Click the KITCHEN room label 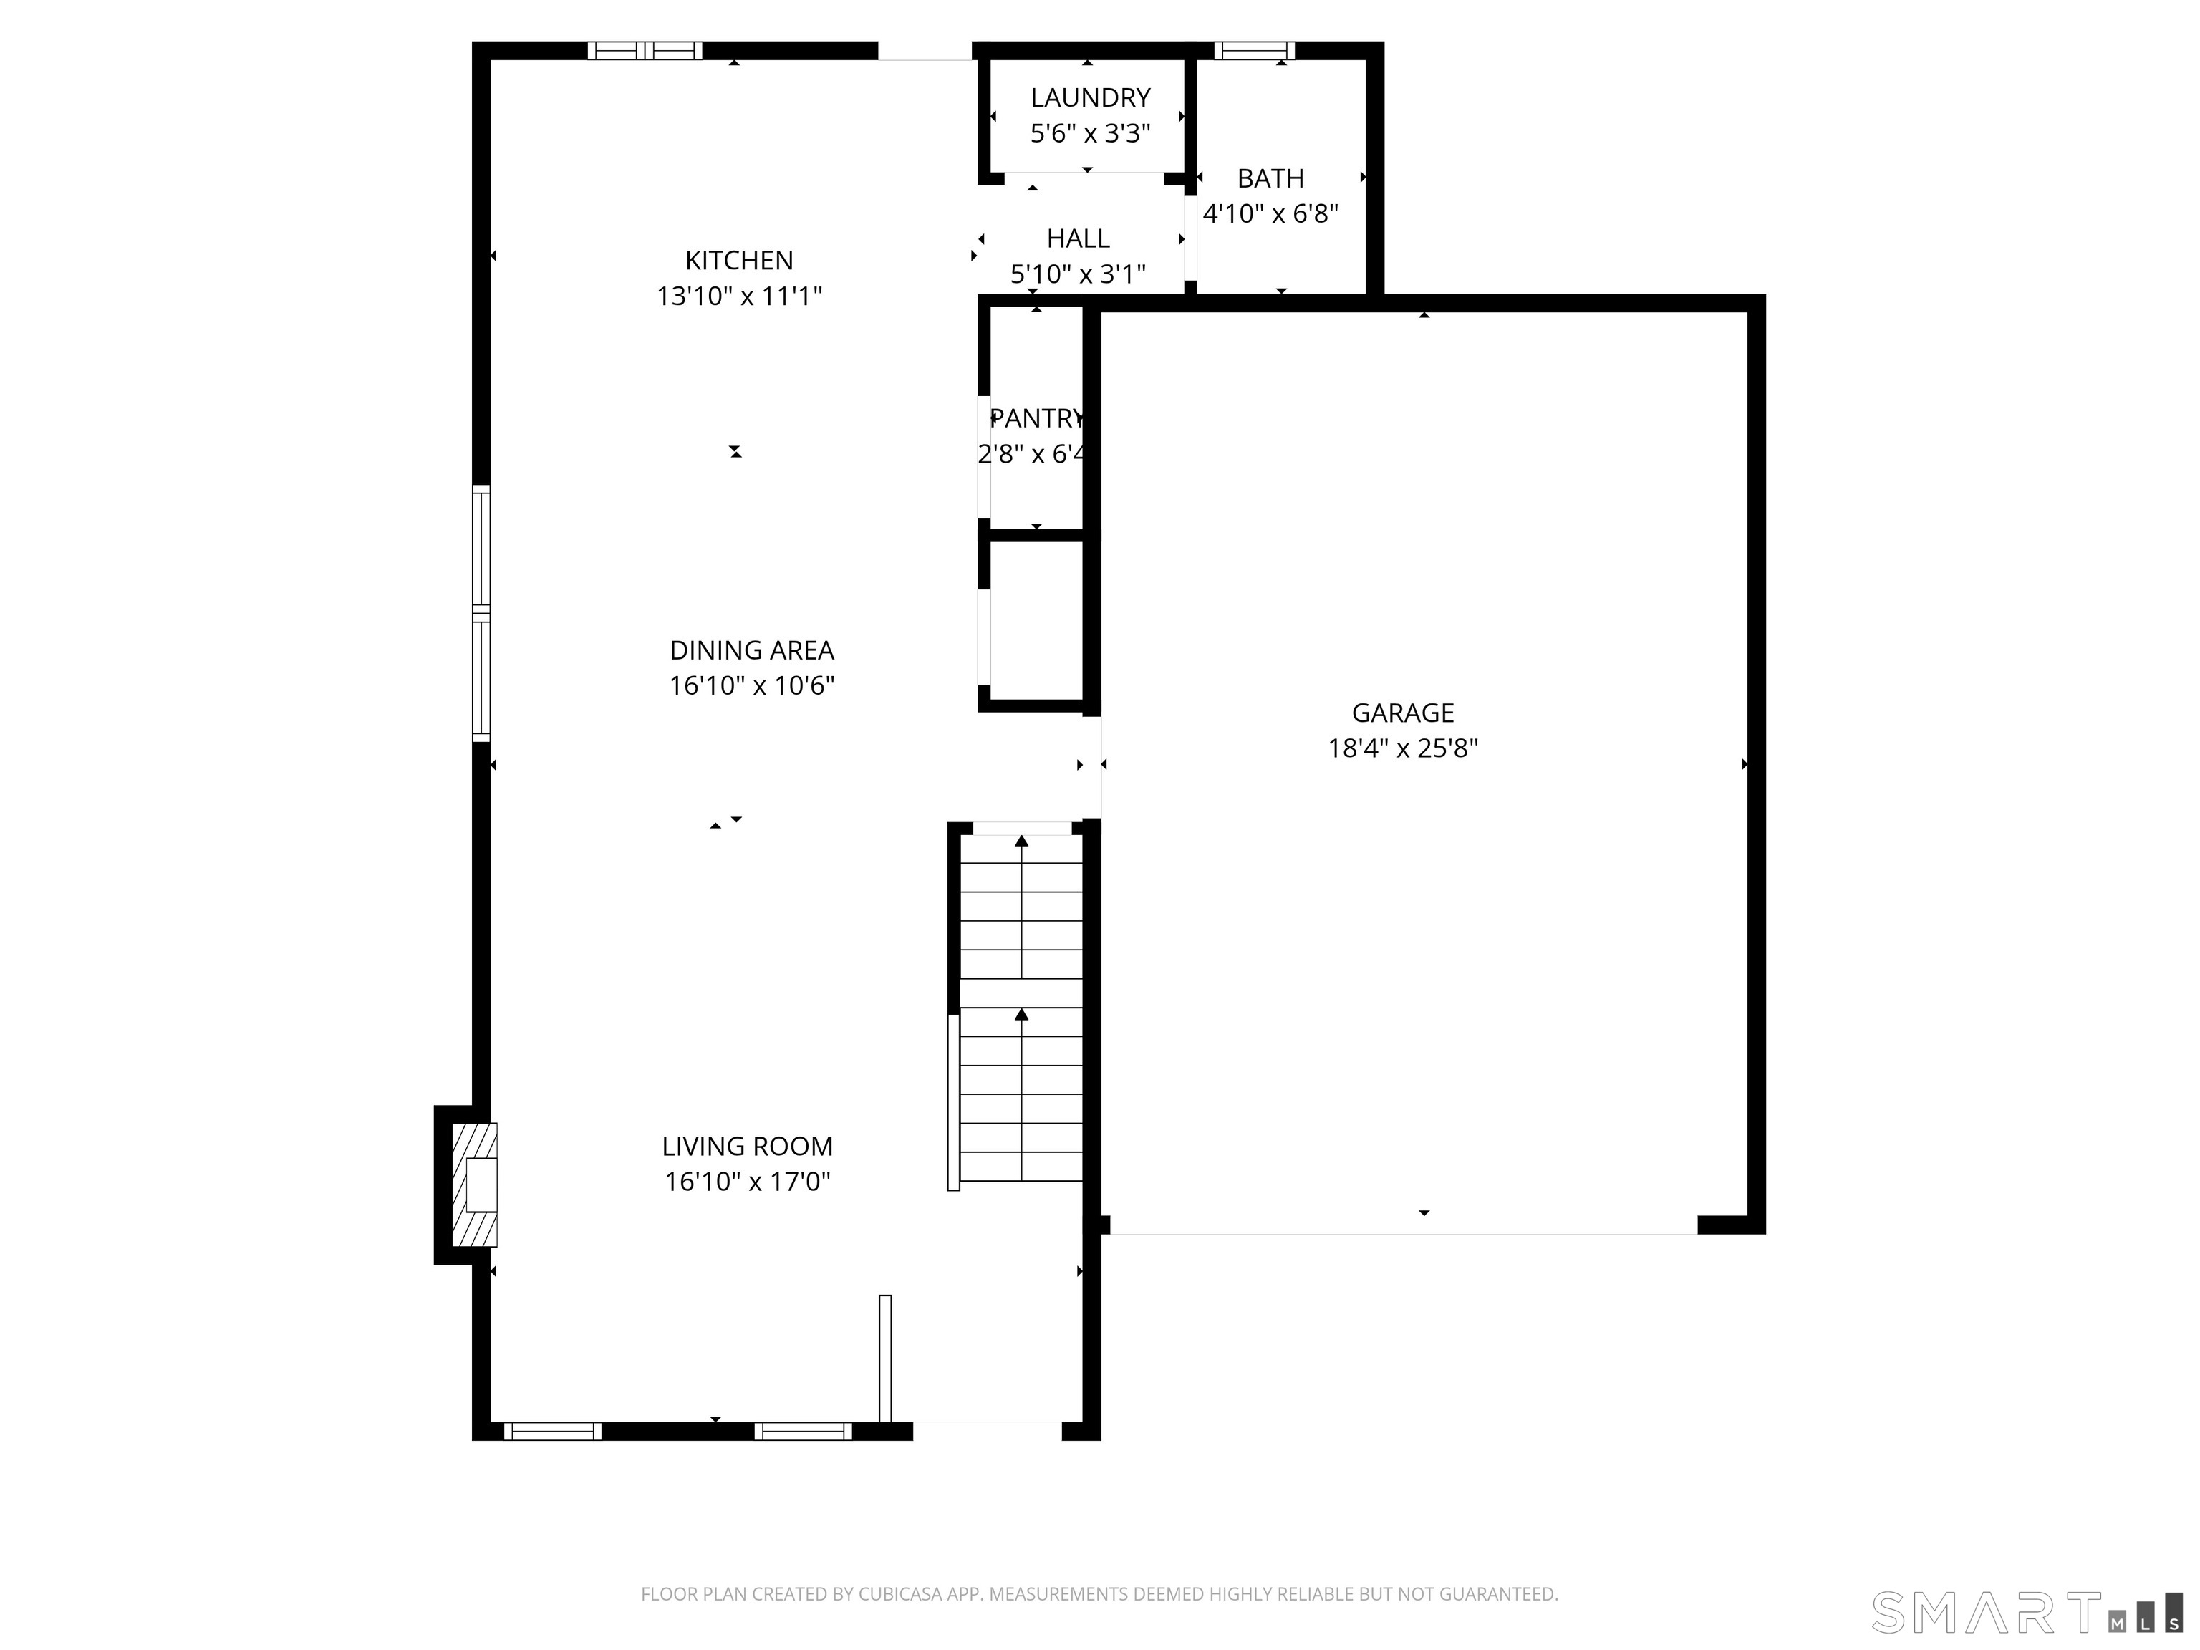739,261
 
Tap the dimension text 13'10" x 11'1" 739,296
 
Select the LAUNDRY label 1090,97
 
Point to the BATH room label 1270,179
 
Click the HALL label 1078,238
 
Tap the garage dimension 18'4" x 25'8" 1402,748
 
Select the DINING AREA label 751,650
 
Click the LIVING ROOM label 747,1147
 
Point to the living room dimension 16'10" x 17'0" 747,1182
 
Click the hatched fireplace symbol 474,1185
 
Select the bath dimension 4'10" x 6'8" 1270,214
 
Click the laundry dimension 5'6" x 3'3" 1090,133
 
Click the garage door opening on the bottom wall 1402,1233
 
